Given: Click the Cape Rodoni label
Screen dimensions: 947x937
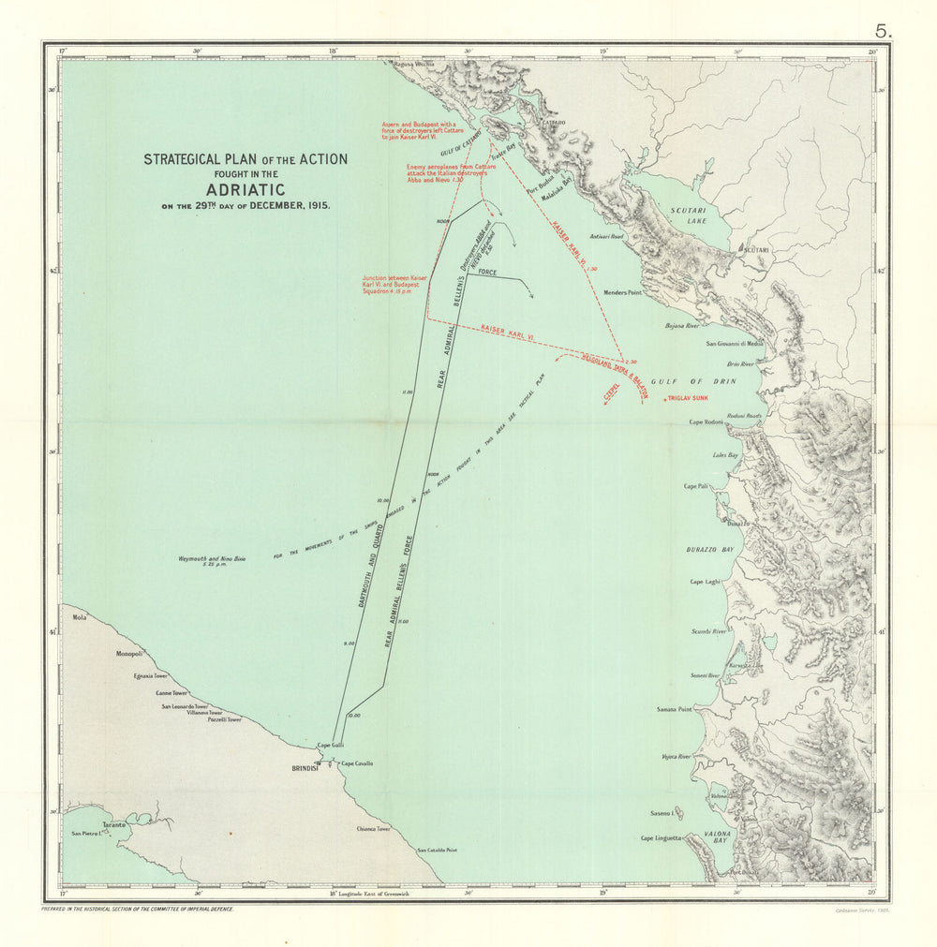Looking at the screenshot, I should tap(707, 422).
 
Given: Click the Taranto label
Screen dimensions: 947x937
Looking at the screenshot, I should tap(114, 824).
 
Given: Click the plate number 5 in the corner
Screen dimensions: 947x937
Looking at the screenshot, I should tap(885, 30).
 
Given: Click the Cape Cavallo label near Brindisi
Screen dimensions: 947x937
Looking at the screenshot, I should tap(356, 763).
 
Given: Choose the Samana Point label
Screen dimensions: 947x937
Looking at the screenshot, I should tap(674, 709).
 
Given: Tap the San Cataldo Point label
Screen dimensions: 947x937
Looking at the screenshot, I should tap(437, 851).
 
